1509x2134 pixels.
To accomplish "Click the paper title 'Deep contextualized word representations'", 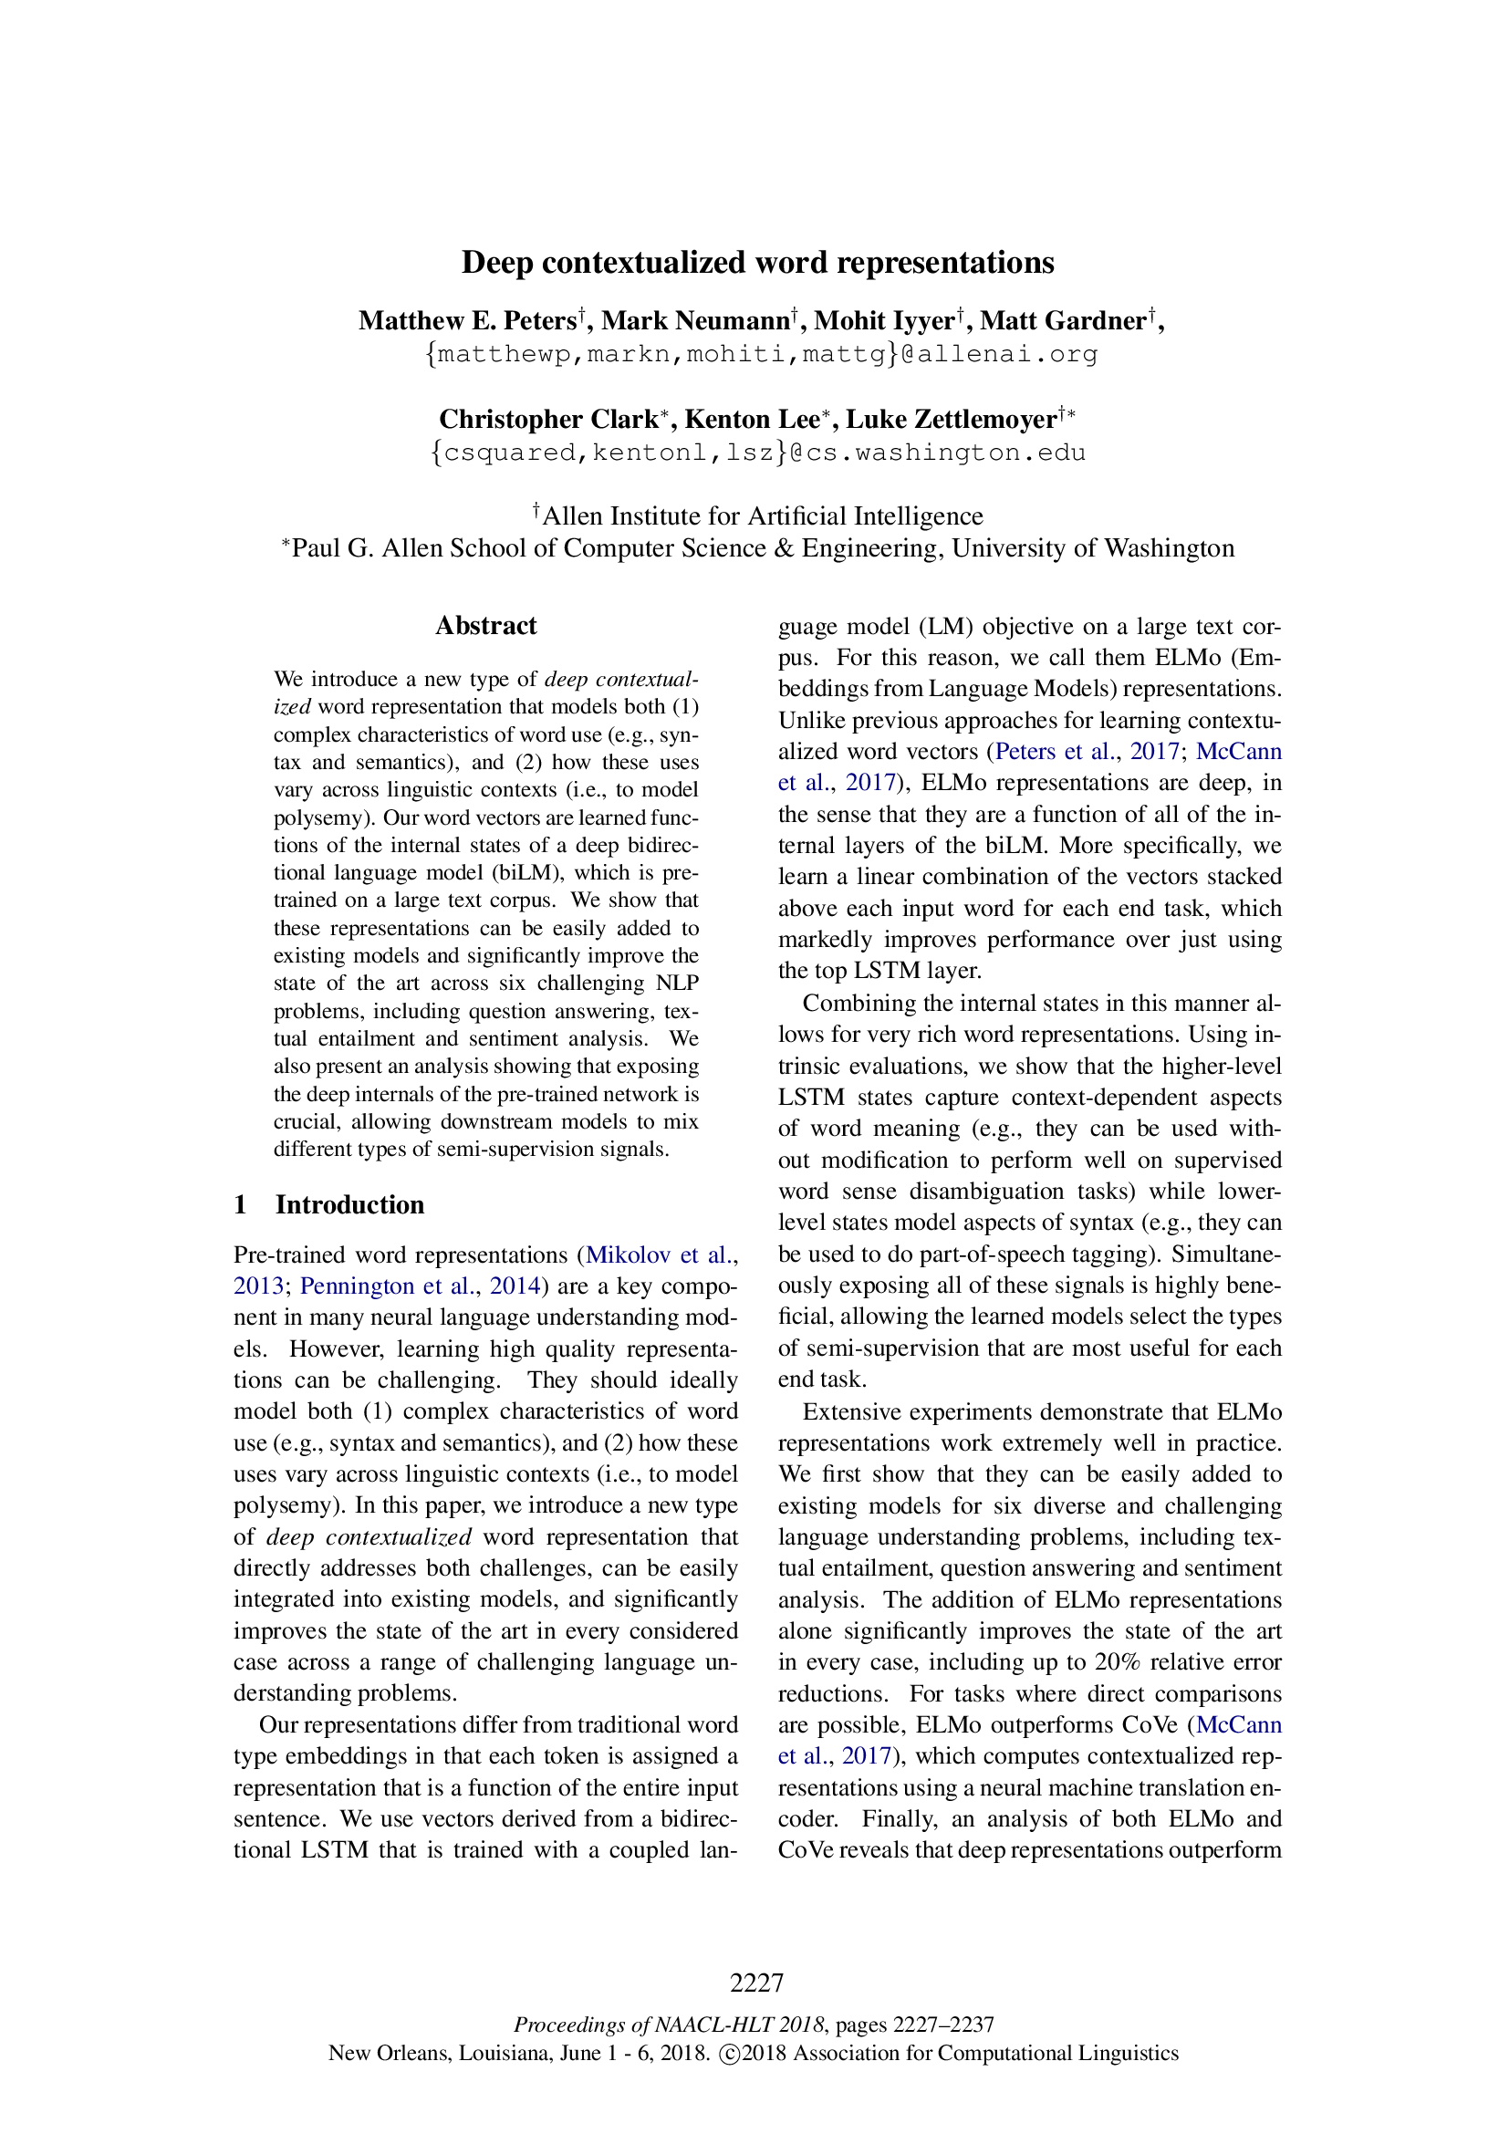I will [x=757, y=262].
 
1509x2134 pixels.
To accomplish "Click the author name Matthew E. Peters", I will [x=467, y=320].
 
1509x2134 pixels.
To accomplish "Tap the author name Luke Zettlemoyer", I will [x=951, y=419].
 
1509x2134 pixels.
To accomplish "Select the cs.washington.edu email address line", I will [x=758, y=453].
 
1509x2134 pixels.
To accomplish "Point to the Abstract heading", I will [x=485, y=626].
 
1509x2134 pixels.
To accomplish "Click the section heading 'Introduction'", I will [x=349, y=1204].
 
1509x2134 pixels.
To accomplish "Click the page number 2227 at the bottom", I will [x=756, y=1983].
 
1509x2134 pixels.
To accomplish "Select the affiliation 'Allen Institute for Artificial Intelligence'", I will [x=762, y=515].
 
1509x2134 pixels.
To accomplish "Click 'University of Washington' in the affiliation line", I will [x=1093, y=548].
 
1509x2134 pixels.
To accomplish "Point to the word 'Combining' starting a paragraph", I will [x=848, y=1004].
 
